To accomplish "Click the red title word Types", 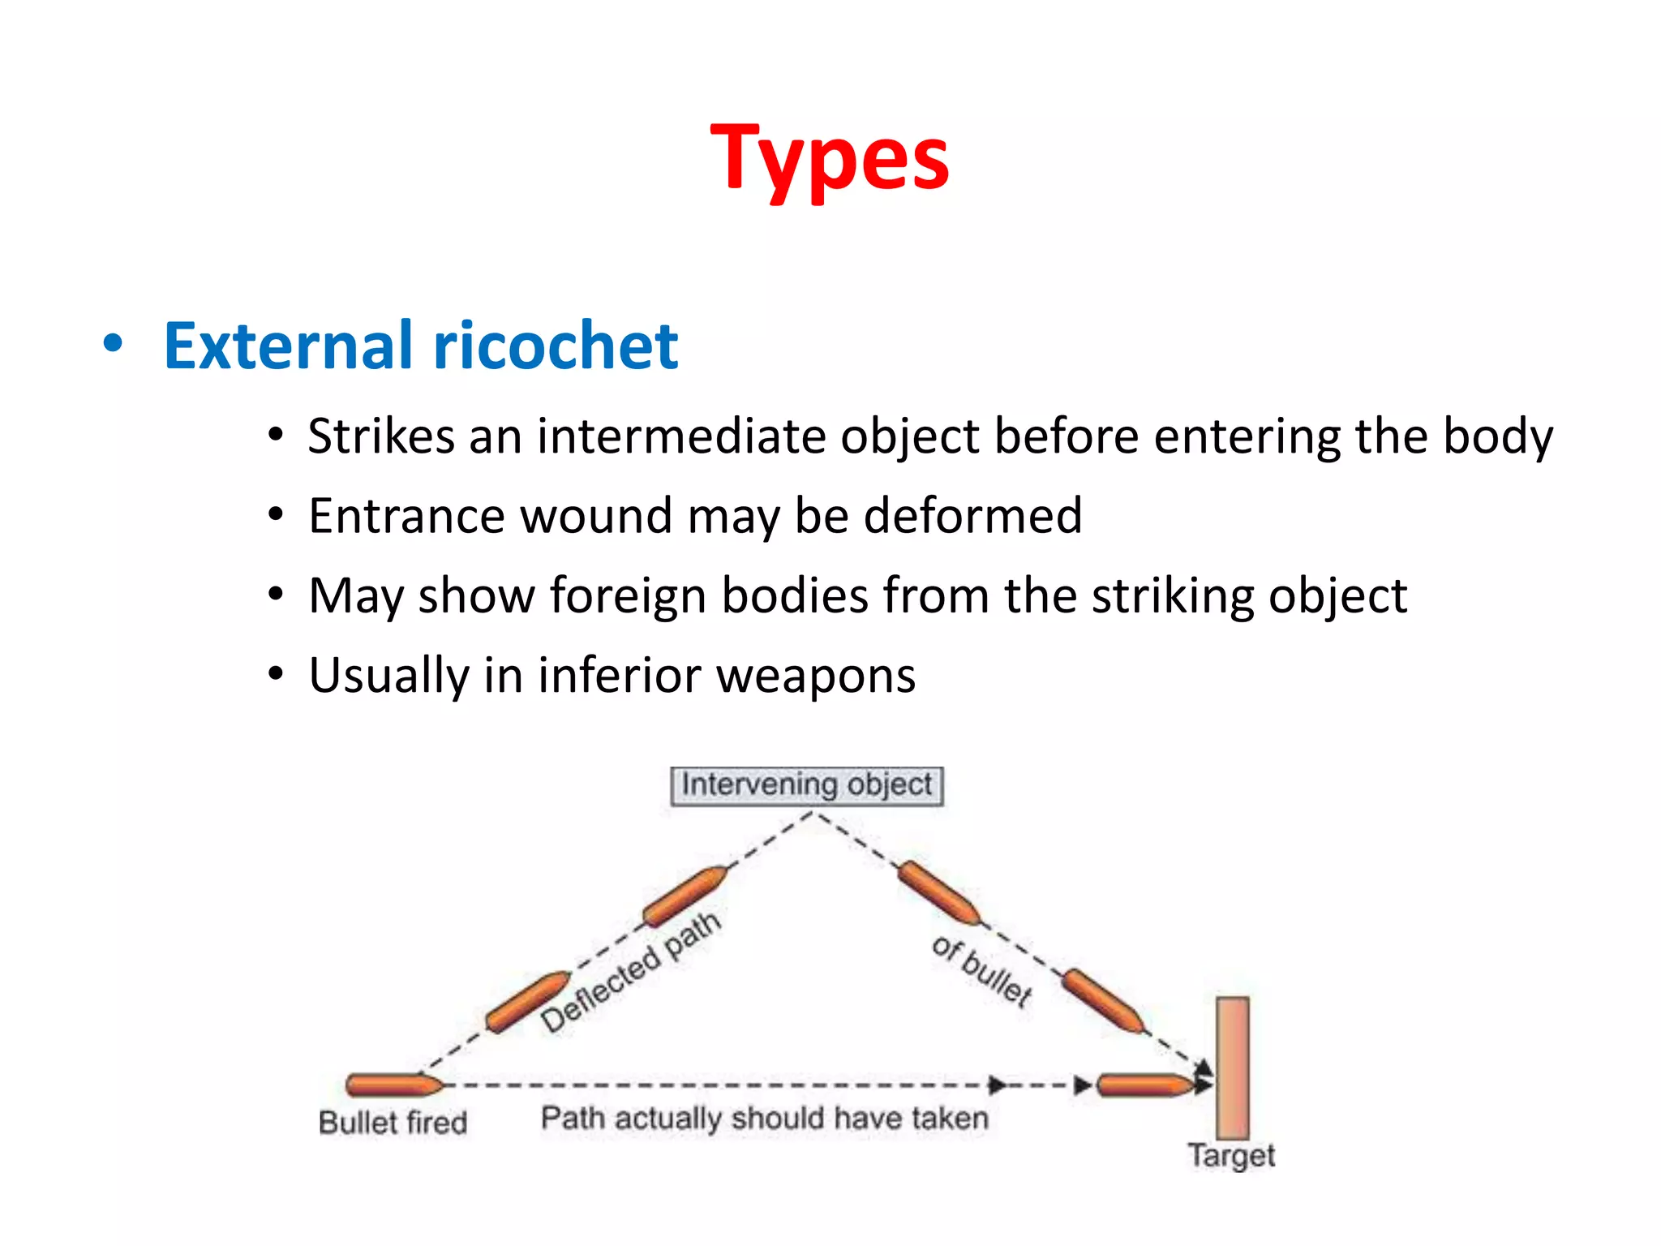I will [x=829, y=158].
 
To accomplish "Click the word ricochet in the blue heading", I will [x=556, y=346].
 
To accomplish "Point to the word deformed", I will [x=972, y=516].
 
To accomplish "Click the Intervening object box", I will [x=806, y=785].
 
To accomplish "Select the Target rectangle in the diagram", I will [x=1232, y=1068].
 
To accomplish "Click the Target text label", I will [x=1231, y=1155].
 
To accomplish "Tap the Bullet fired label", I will [x=393, y=1123].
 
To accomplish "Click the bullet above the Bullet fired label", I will [x=393, y=1085].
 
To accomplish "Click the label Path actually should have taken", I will [x=764, y=1119].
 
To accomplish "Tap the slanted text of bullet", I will [x=982, y=970].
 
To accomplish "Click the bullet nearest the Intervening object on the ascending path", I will [x=685, y=896].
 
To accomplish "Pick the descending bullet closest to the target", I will [x=1103, y=1001].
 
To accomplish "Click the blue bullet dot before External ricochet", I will [x=113, y=345].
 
